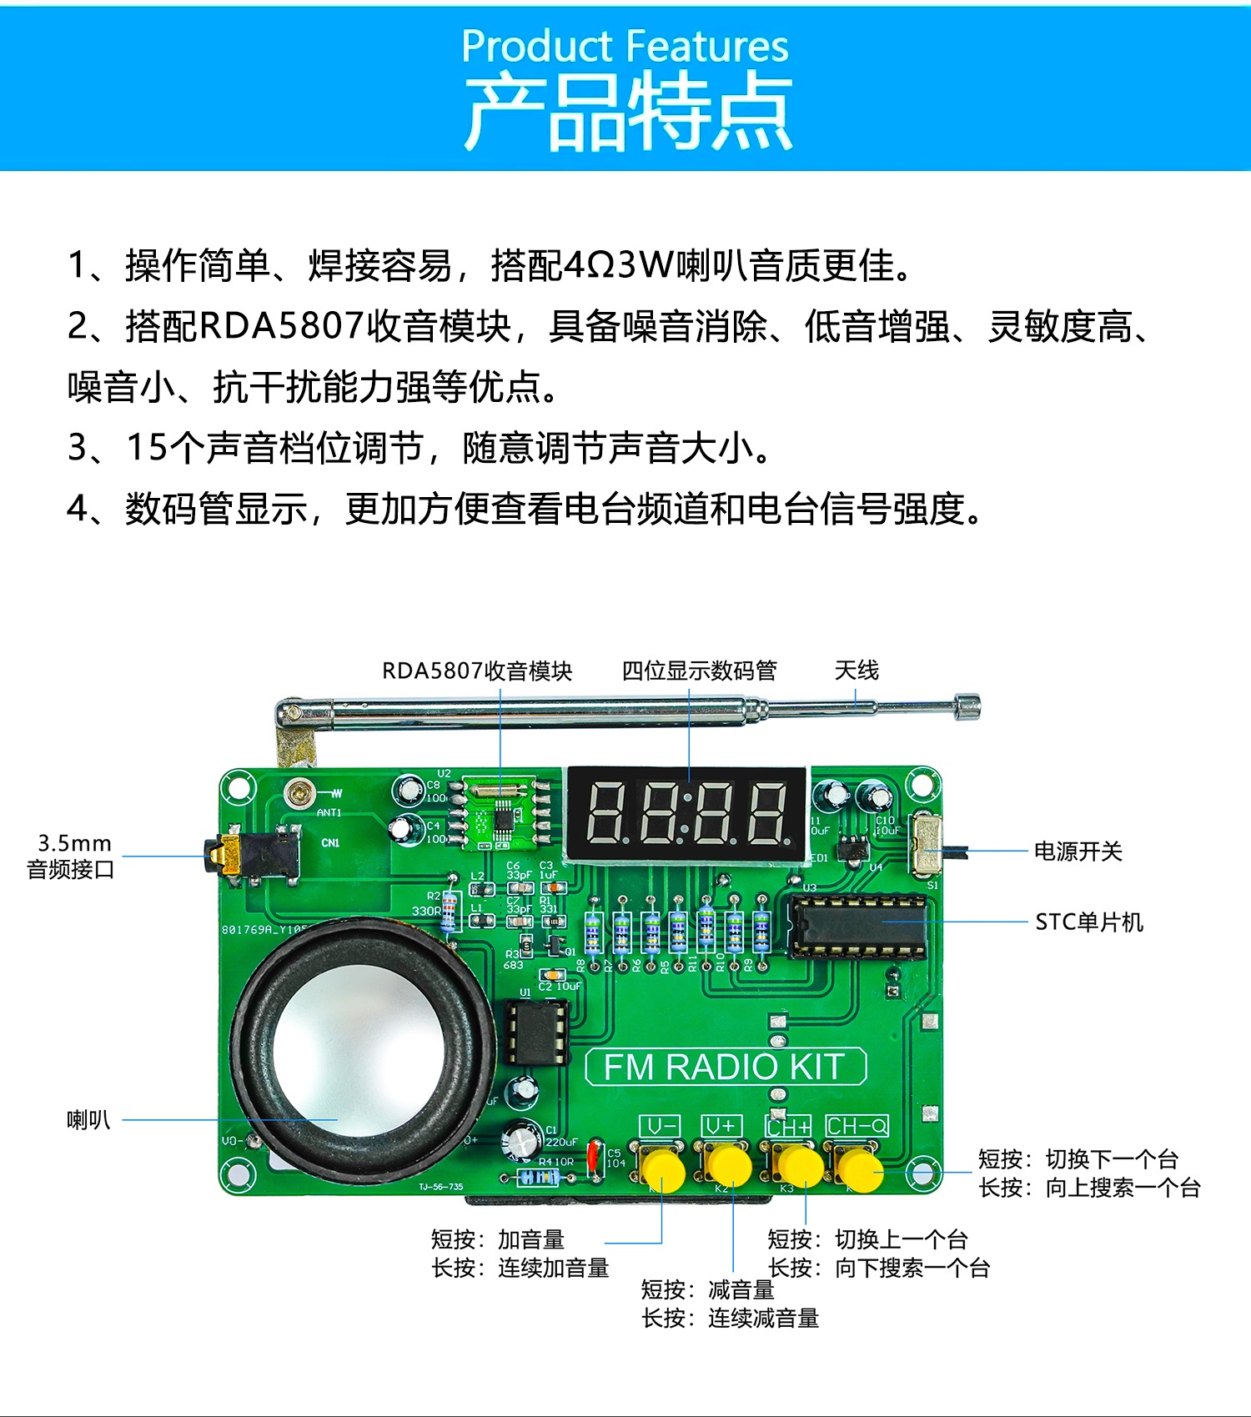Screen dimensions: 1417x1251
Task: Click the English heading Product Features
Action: pyautogui.click(x=625, y=46)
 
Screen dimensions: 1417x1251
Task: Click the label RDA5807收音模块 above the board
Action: pyautogui.click(x=477, y=671)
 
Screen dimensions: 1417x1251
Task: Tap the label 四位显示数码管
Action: pyautogui.click(x=699, y=671)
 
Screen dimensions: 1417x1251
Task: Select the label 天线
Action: pyautogui.click(x=857, y=670)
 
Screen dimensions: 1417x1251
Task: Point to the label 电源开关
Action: pyautogui.click(x=1078, y=851)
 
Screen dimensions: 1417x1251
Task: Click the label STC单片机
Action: pyautogui.click(x=1088, y=922)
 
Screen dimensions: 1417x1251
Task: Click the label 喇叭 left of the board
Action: pyautogui.click(x=88, y=1119)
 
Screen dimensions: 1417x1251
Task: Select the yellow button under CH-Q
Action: pyautogui.click(x=860, y=1169)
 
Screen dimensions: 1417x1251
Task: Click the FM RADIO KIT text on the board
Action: pyautogui.click(x=725, y=1067)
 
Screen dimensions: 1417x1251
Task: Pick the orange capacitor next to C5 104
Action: pyautogui.click(x=595, y=1157)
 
